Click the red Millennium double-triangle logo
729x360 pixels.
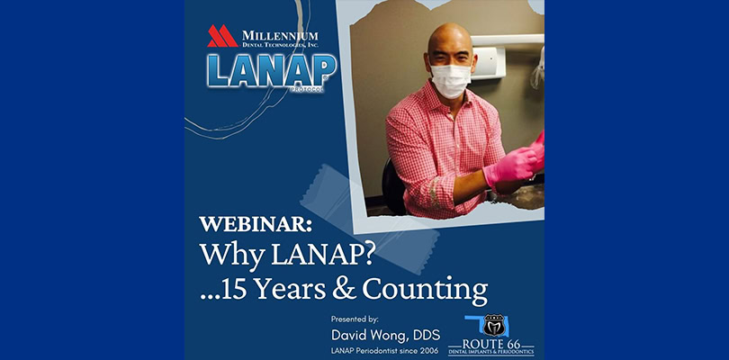222,36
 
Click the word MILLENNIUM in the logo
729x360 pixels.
280,36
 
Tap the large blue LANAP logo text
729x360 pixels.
272,70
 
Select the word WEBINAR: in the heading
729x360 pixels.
256,225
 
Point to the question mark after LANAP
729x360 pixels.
369,253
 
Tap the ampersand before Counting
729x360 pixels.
344,289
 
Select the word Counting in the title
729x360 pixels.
425,291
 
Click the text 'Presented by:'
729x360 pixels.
355,319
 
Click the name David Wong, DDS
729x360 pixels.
385,335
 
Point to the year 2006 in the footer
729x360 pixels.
429,351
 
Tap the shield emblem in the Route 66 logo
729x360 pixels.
494,325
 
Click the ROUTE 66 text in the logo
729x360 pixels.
491,345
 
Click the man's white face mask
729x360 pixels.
450,81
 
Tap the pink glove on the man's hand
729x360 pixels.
510,165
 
